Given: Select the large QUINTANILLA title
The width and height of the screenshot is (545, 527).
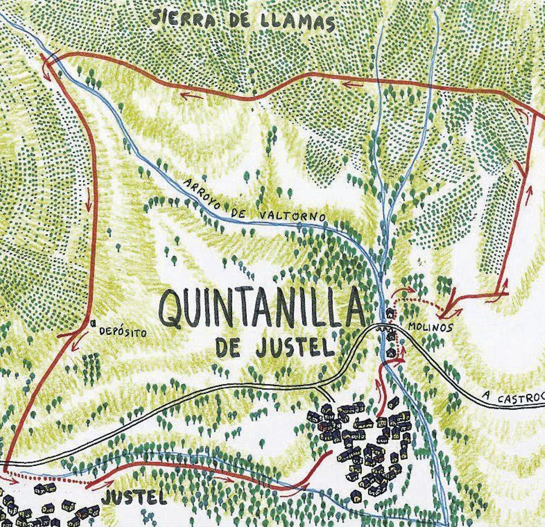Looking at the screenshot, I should click(x=261, y=308).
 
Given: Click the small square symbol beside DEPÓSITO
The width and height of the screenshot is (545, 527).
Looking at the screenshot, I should click(x=93, y=323).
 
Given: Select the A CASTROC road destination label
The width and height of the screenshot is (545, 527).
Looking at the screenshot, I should click(x=513, y=399).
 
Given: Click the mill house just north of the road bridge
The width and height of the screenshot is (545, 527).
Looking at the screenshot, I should click(x=390, y=314).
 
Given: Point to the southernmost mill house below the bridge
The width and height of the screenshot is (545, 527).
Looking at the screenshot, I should click(x=390, y=353).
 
